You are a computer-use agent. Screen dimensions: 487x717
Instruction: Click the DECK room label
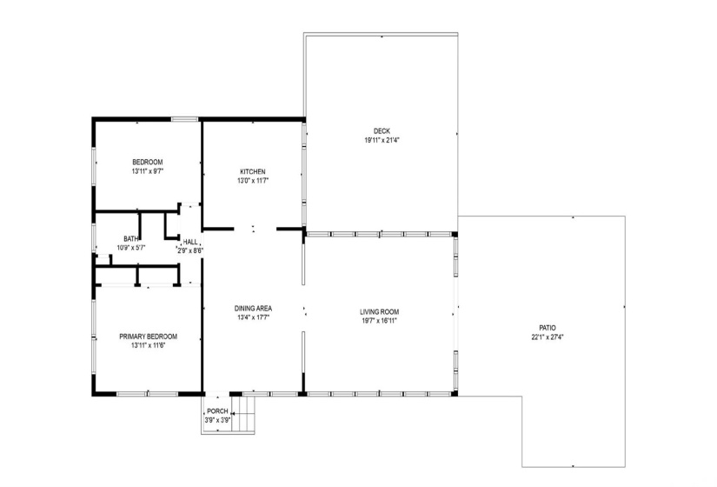[382, 131]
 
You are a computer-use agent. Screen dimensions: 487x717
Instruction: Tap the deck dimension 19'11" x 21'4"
[382, 140]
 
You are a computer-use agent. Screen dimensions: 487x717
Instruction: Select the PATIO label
[547, 327]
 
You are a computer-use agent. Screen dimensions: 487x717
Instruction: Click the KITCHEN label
[253, 171]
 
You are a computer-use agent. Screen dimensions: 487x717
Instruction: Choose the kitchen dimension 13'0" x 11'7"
[253, 181]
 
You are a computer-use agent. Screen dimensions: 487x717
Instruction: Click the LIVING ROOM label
[380, 311]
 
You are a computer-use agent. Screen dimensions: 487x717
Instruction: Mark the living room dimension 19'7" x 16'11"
[380, 321]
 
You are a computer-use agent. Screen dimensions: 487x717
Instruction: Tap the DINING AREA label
[254, 308]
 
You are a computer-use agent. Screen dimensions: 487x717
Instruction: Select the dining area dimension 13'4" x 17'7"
[254, 317]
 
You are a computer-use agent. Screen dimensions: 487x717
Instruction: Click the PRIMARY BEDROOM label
[148, 337]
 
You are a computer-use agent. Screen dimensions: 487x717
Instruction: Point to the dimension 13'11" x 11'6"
[148, 346]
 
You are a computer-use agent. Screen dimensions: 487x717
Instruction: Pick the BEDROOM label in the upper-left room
[147, 162]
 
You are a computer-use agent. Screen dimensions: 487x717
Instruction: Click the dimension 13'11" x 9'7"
[147, 171]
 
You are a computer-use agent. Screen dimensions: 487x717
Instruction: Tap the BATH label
[130, 239]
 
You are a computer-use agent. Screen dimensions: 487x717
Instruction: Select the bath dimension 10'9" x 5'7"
[130, 248]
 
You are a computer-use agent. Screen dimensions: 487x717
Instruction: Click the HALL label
[190, 242]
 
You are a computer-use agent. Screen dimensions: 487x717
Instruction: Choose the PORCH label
[216, 411]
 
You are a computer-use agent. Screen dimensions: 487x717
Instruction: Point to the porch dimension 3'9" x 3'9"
[216, 420]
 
